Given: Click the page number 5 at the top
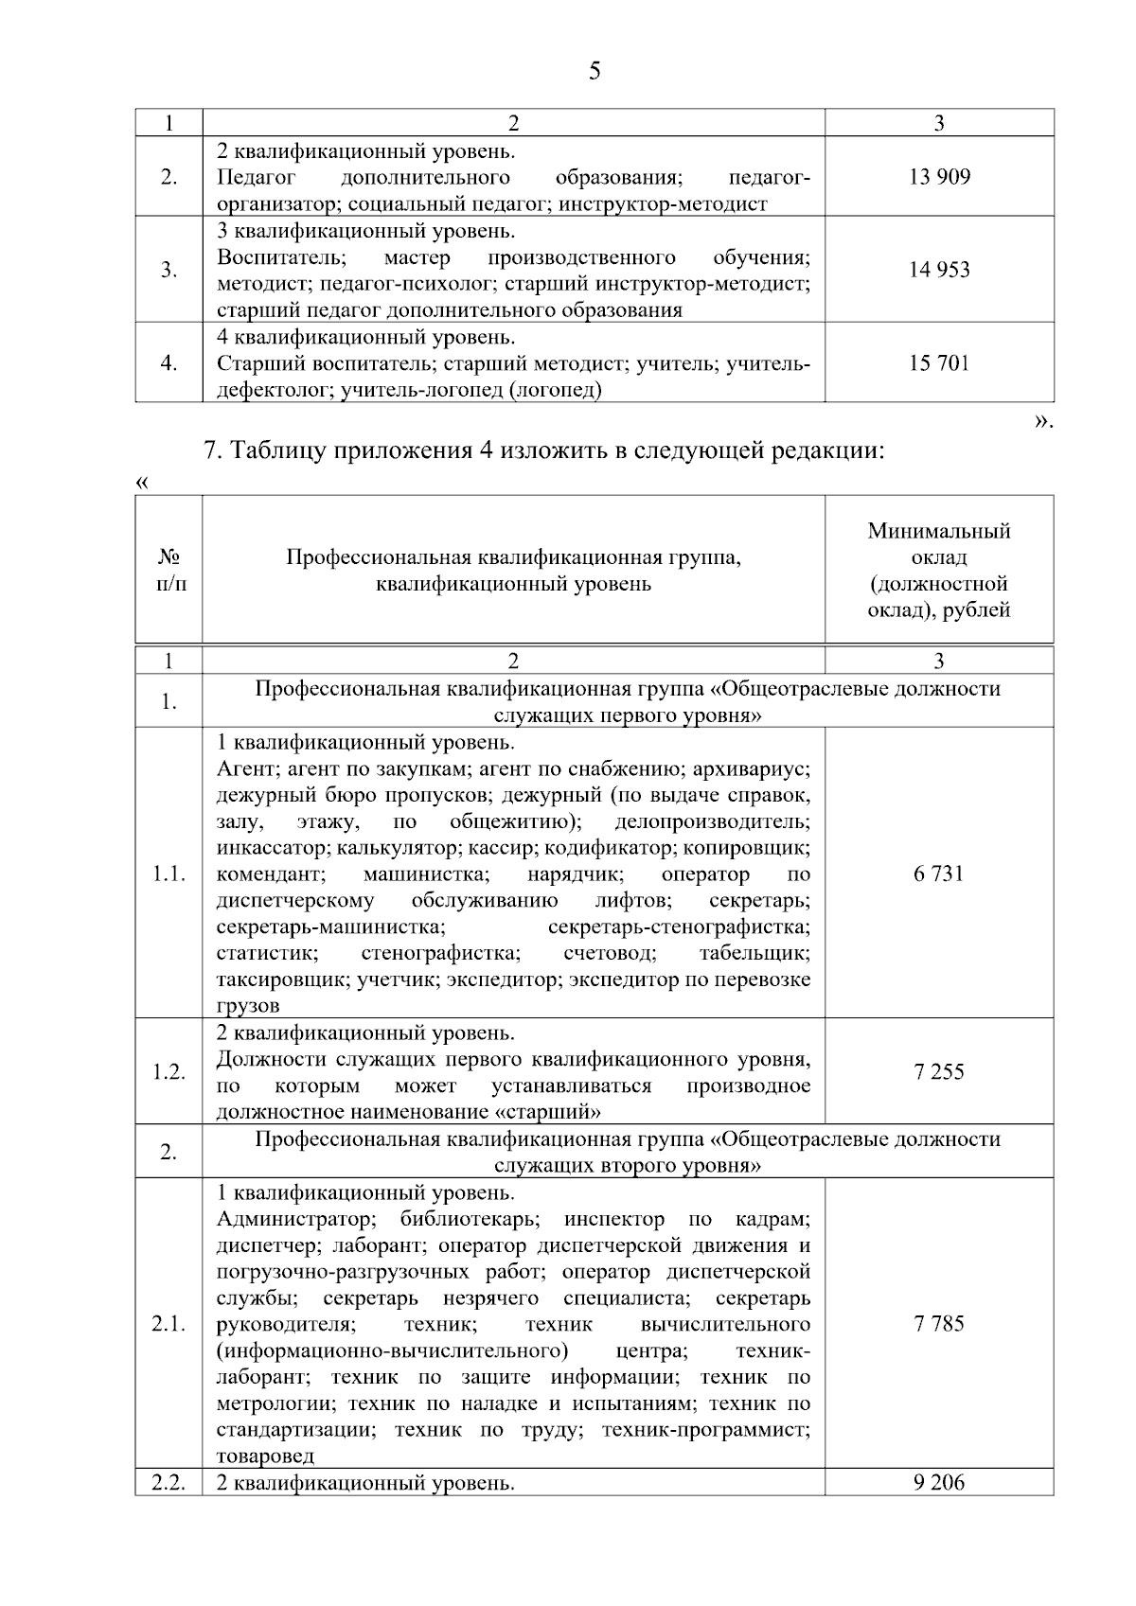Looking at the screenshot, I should (595, 72).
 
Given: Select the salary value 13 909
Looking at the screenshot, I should (939, 177).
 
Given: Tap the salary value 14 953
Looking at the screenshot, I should (939, 270).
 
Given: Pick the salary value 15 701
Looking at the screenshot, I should (939, 363).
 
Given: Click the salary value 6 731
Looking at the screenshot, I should (939, 874).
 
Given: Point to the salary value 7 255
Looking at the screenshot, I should (939, 1072).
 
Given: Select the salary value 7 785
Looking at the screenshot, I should (939, 1324).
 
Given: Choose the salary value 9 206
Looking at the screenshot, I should (939, 1483).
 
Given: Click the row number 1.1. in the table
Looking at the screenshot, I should (169, 874).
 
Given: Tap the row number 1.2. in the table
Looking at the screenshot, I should (169, 1072).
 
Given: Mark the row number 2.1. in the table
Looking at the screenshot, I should (169, 1324).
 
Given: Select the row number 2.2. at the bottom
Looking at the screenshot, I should (169, 1483).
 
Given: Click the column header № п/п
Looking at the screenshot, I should (169, 571).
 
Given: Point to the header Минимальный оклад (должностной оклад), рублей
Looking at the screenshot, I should (939, 571).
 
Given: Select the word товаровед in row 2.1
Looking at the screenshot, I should (265, 1456).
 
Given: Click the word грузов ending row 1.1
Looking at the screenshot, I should (247, 1006).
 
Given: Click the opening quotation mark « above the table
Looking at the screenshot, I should (143, 483).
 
